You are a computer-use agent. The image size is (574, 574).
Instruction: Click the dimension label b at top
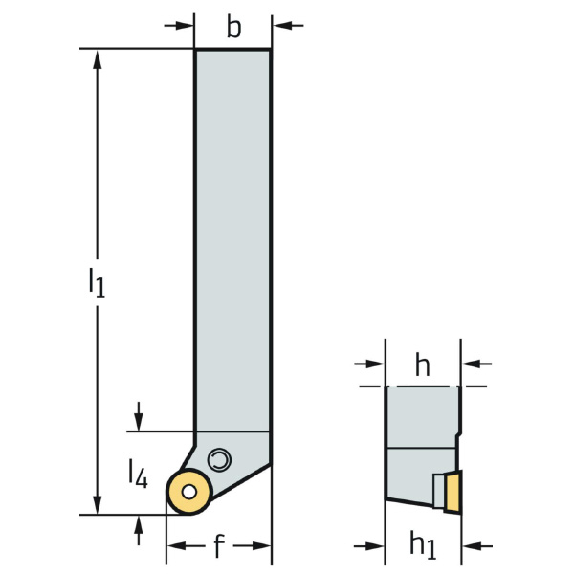pyautogui.click(x=234, y=27)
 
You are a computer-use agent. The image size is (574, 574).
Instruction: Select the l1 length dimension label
pyautogui.click(x=97, y=282)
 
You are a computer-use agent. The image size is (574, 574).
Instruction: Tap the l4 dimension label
pyautogui.click(x=138, y=475)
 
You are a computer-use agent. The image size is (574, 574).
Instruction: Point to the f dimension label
pyautogui.click(x=218, y=546)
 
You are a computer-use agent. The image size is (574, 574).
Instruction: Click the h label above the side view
pyautogui.click(x=423, y=365)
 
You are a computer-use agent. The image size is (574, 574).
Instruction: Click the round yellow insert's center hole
pyautogui.click(x=188, y=492)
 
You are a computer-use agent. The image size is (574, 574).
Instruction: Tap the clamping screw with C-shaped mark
pyautogui.click(x=219, y=459)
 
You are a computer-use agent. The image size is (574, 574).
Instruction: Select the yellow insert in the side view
pyautogui.click(x=453, y=492)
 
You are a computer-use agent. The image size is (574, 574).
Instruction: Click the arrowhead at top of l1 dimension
pyautogui.click(x=97, y=59)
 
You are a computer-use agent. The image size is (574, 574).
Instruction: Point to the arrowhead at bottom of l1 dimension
pyautogui.click(x=97, y=504)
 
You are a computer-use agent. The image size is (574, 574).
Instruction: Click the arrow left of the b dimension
pyautogui.click(x=179, y=26)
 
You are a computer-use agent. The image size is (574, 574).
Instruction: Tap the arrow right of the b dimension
pyautogui.click(x=288, y=26)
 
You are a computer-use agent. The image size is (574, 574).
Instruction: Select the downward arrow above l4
pyautogui.click(x=138, y=416)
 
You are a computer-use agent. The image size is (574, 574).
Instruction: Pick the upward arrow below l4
pyautogui.click(x=138, y=530)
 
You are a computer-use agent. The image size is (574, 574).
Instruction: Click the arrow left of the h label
pyautogui.click(x=369, y=364)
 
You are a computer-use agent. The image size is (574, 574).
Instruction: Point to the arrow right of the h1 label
pyautogui.click(x=477, y=546)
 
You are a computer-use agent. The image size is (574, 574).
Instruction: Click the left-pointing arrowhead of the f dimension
pyautogui.click(x=177, y=546)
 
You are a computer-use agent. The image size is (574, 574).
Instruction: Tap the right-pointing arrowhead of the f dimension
pyautogui.click(x=261, y=546)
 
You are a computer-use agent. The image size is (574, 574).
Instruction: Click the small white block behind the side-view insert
pyautogui.click(x=438, y=491)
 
